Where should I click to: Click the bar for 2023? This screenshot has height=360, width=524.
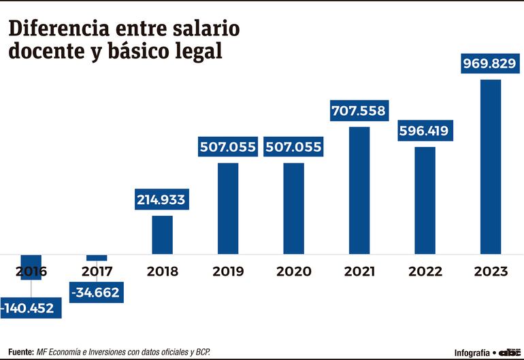pyautogui.click(x=491, y=167)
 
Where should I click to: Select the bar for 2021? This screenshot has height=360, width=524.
pyautogui.click(x=359, y=191)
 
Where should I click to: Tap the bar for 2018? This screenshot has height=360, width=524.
pyautogui.click(x=162, y=235)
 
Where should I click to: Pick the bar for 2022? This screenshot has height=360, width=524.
pyautogui.click(x=425, y=200)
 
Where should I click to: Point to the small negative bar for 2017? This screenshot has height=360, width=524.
pyautogui.click(x=97, y=257)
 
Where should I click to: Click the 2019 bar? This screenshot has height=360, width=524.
pyautogui.click(x=228, y=208)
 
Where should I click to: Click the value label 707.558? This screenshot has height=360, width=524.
pyautogui.click(x=359, y=110)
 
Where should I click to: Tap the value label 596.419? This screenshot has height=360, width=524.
pyautogui.click(x=423, y=131)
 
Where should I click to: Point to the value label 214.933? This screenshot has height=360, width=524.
pyautogui.click(x=161, y=200)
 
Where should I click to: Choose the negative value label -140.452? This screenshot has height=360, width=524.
pyautogui.click(x=31, y=308)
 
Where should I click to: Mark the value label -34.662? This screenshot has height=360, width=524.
pyautogui.click(x=95, y=293)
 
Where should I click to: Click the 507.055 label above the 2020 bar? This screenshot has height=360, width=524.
pyautogui.click(x=293, y=147)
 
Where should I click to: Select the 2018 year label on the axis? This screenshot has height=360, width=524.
pyautogui.click(x=162, y=272)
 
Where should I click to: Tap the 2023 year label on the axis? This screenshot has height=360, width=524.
pyautogui.click(x=491, y=272)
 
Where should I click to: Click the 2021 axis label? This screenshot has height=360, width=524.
pyautogui.click(x=359, y=272)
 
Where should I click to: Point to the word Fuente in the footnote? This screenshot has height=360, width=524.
pyautogui.click(x=21, y=352)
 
